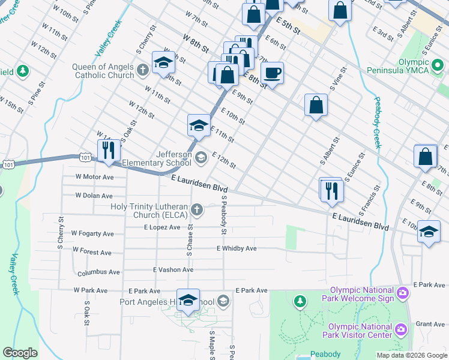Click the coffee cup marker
[x=273, y=73]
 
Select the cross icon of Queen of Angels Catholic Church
[x=143, y=70]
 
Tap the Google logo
[x=20, y=353]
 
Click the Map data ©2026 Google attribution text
[x=412, y=355]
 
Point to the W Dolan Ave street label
[x=94, y=196]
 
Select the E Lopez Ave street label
[x=162, y=227]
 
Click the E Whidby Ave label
[x=237, y=248]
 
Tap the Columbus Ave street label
[x=98, y=272]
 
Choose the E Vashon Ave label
[x=173, y=269]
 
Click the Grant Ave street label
[x=430, y=324]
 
